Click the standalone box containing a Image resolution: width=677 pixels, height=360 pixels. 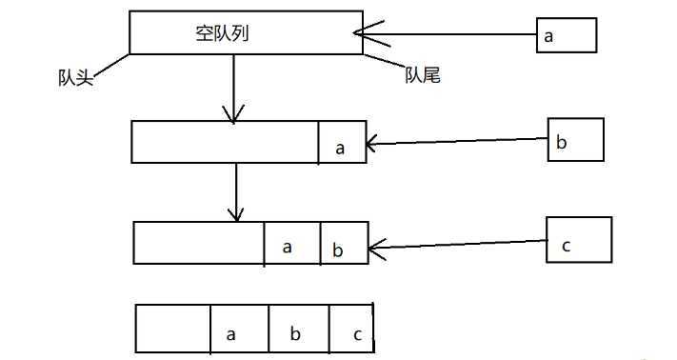566,36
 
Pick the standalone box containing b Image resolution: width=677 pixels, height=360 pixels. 575,141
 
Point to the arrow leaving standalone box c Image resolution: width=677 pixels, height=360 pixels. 457,246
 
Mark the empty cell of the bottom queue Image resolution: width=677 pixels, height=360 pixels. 173,329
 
